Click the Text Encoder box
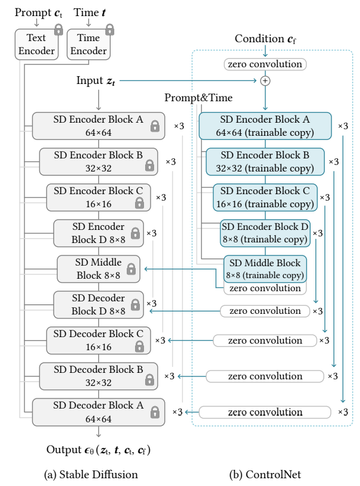(36, 44)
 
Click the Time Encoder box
(89, 44)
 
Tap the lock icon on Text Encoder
(58, 30)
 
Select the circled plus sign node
(265, 81)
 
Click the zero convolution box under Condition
(265, 64)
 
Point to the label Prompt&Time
(198, 98)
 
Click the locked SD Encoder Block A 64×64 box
(98, 126)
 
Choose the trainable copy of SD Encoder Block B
(265, 161)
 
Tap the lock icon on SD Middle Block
(132, 269)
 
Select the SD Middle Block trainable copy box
(265, 269)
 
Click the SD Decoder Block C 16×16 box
(98, 340)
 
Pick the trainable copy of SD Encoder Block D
(265, 233)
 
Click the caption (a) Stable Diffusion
(90, 475)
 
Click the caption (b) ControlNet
(265, 475)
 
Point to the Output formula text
(98, 450)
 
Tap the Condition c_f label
(265, 39)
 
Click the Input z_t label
(96, 80)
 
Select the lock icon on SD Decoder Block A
(155, 412)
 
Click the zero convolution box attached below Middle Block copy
(265, 288)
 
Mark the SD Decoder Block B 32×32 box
(98, 376)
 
